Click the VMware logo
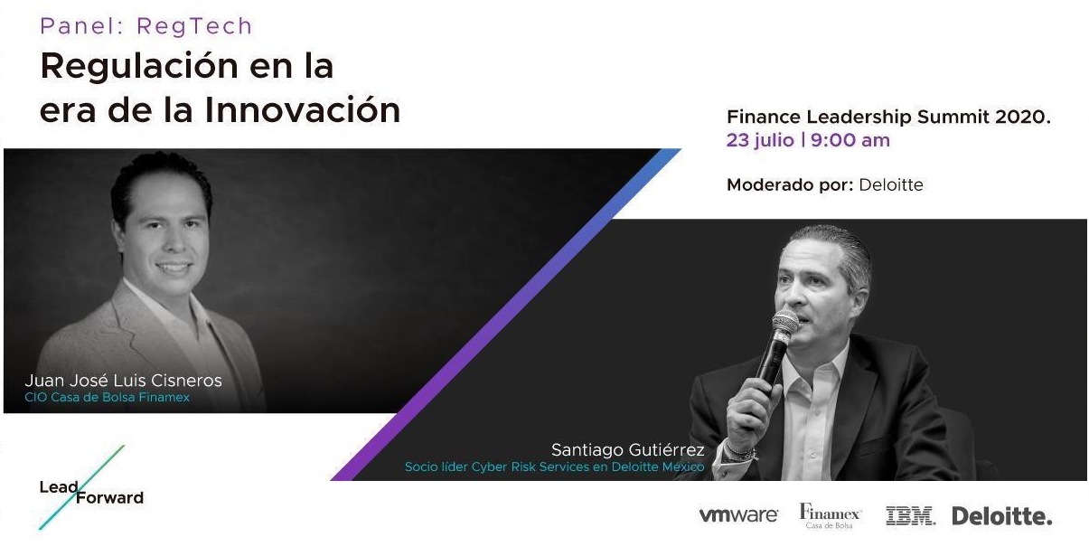pos(738,515)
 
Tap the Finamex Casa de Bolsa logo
pos(831,516)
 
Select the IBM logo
pos(910,515)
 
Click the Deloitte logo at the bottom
pos(1001,515)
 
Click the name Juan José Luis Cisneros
pos(124,381)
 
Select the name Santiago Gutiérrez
pos(627,450)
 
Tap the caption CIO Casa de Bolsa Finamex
pos(107,398)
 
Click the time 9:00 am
pos(850,140)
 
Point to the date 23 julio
pos(760,141)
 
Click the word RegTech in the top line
pos(194,27)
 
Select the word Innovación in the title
pos(303,110)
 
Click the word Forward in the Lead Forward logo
pos(110,498)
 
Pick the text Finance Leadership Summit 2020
pos(888,118)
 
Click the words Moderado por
pos(790,184)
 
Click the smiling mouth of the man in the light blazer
pos(174,267)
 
